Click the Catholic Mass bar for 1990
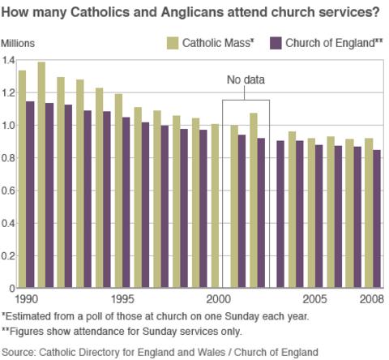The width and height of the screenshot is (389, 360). pos(23,178)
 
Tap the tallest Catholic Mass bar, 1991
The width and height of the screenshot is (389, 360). pos(41,174)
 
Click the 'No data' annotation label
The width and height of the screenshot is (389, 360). pos(246,80)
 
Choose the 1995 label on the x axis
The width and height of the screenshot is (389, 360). pos(123,298)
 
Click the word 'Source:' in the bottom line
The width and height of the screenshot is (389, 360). pos(22,350)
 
